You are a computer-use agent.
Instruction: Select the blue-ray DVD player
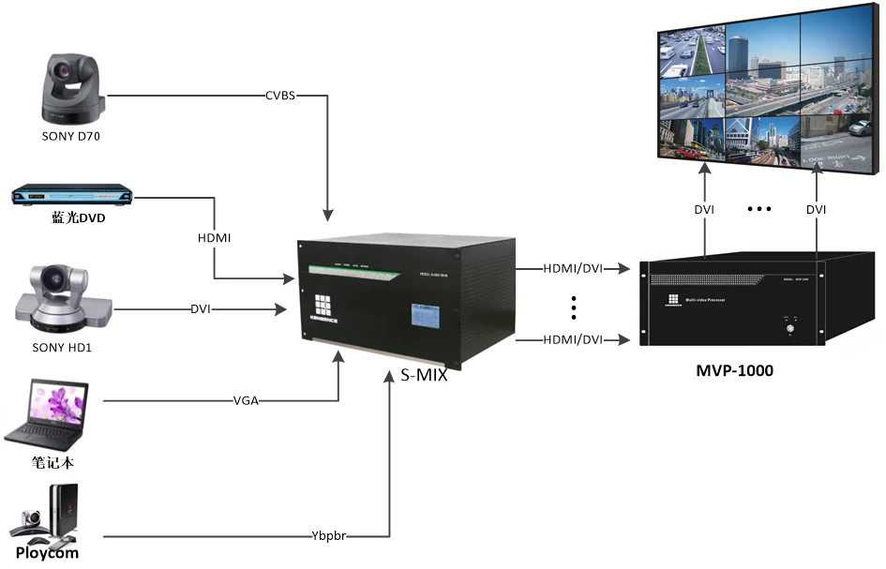(71, 196)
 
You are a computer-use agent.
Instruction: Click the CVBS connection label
(281, 96)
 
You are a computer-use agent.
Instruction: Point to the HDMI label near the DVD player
(215, 239)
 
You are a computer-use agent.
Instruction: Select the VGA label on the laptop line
(247, 401)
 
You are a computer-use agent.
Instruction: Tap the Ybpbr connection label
(329, 537)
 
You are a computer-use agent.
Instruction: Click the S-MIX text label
(413, 377)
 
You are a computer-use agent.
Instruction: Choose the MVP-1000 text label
(734, 369)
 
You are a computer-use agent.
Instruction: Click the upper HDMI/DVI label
(573, 268)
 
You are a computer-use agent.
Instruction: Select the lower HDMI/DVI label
(573, 339)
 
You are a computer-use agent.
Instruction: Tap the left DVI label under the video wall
(704, 210)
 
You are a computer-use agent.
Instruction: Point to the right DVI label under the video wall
(816, 210)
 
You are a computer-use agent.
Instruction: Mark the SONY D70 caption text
(70, 136)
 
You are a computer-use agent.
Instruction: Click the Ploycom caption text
(47, 553)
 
